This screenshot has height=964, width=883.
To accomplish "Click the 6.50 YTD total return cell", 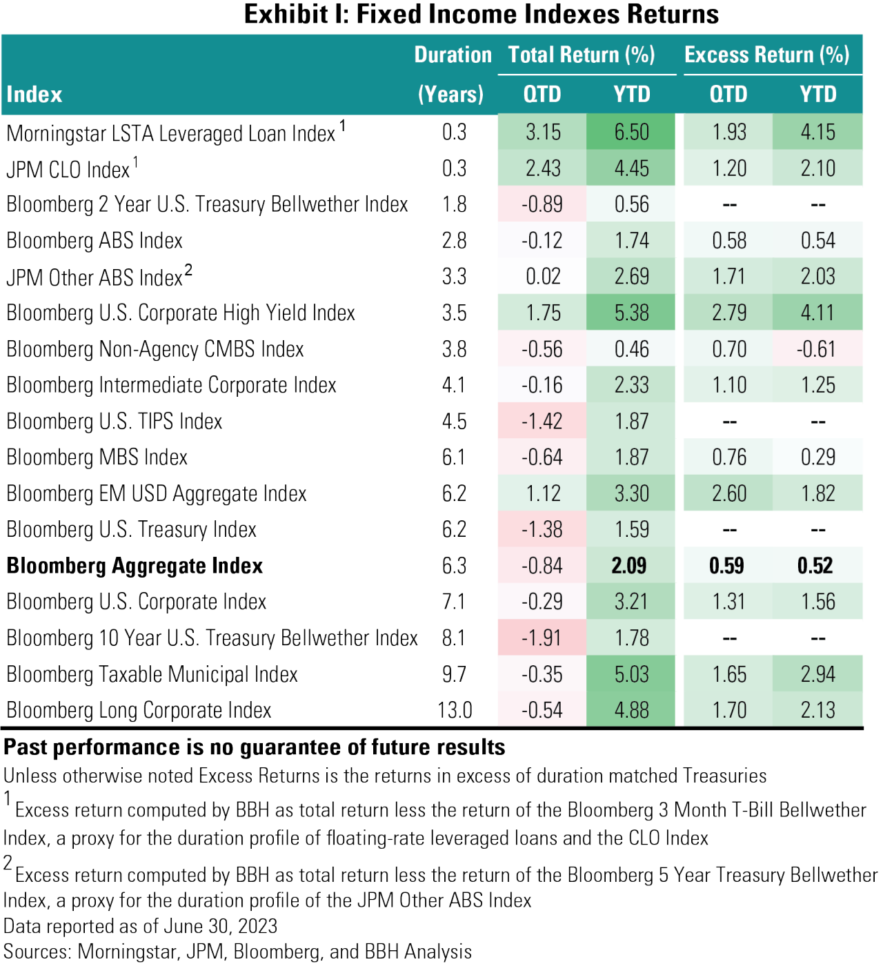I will coord(631,132).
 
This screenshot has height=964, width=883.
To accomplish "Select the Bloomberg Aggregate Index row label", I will coord(135,566).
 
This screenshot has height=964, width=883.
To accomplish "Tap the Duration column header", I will coord(453,55).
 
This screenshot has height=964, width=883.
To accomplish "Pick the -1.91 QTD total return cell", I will coord(542,638).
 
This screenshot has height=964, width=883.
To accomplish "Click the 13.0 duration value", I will coord(455,710).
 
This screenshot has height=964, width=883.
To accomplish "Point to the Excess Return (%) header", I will coord(766,55).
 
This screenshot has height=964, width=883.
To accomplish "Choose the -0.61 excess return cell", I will coord(817,349).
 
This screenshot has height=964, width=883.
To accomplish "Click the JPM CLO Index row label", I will coord(68,169).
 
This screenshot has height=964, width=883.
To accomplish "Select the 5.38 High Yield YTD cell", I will coord(631,313).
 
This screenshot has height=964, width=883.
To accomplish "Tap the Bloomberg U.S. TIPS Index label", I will coord(115,421).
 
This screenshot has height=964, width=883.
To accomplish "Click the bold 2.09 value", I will coord(629,566).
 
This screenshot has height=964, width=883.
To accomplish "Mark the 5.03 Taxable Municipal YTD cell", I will coord(631,674).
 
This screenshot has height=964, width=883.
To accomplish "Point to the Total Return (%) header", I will coord(582,55).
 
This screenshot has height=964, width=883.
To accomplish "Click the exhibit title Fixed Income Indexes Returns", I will coord(482,14).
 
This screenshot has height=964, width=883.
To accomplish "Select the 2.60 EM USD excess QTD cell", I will coord(729,493).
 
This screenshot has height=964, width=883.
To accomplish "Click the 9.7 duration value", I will coord(454,674).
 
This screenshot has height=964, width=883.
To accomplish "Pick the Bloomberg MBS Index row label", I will coord(97,458).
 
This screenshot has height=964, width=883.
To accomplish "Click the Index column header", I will coord(34,95).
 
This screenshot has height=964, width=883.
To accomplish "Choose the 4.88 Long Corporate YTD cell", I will coord(631,710).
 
